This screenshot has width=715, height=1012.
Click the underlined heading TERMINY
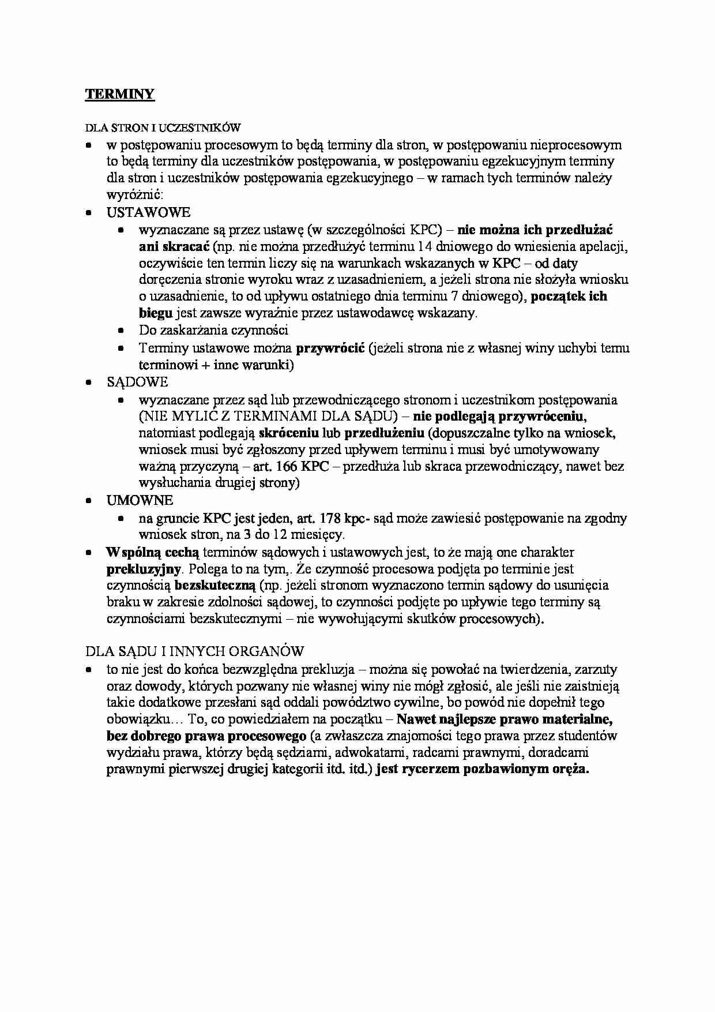pyautogui.click(x=120, y=94)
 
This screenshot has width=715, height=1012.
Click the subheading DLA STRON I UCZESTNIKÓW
pyautogui.click(x=163, y=128)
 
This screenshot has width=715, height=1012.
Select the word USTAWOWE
pyautogui.click(x=148, y=212)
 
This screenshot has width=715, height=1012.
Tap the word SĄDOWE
pyautogui.click(x=137, y=382)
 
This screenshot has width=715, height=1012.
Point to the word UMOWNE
pyautogui.click(x=140, y=500)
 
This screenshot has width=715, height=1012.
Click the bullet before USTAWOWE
pyautogui.click(x=89, y=213)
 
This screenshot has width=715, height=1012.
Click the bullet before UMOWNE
pyautogui.click(x=89, y=501)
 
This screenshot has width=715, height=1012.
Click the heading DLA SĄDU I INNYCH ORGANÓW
pyautogui.click(x=194, y=651)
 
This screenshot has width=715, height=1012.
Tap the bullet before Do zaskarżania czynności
pyautogui.click(x=121, y=331)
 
